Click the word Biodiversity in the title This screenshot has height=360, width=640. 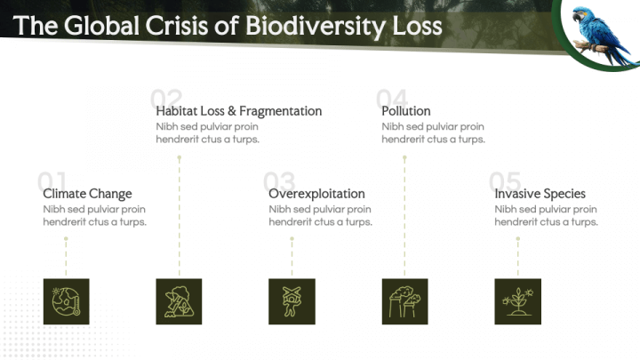[x=315, y=27]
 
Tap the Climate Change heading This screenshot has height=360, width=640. [x=87, y=194]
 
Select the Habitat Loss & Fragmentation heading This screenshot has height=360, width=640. [x=239, y=111]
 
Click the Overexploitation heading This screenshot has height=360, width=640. [x=316, y=194]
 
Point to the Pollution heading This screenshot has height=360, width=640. [x=406, y=111]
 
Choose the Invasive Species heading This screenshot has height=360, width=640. [x=540, y=194]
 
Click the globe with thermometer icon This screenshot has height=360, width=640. [x=66, y=301]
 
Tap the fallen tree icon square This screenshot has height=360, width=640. [x=179, y=301]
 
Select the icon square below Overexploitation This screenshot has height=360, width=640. [x=292, y=301]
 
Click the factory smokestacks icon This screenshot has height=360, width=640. [x=405, y=301]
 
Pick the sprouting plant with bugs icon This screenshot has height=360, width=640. [x=518, y=301]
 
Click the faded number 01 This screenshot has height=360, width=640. [x=52, y=180]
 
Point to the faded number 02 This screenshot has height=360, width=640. [x=165, y=99]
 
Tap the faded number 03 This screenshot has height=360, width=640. [x=279, y=180]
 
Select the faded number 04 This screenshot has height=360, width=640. [x=391, y=99]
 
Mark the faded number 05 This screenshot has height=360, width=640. [x=505, y=180]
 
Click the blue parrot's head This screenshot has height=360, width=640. [x=580, y=15]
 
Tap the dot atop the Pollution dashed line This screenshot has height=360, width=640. [x=404, y=157]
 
